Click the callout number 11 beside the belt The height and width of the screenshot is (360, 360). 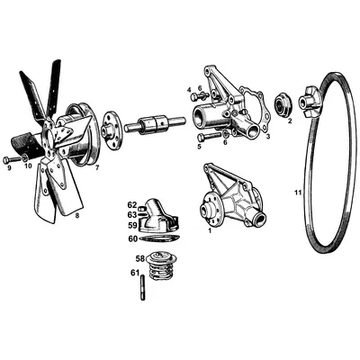click(x=298, y=192)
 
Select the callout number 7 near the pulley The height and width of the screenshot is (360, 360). click(x=97, y=168)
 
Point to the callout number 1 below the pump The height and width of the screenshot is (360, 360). click(x=211, y=230)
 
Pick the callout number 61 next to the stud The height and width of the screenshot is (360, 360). click(x=134, y=273)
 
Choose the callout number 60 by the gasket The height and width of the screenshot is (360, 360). click(x=132, y=238)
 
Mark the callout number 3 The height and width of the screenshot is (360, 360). click(x=267, y=137)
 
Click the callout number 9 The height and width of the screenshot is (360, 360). click(x=9, y=167)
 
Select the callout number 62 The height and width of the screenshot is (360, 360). click(x=131, y=205)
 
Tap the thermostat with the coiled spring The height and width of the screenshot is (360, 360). click(x=162, y=267)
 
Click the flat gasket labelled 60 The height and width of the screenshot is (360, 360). click(x=161, y=238)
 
